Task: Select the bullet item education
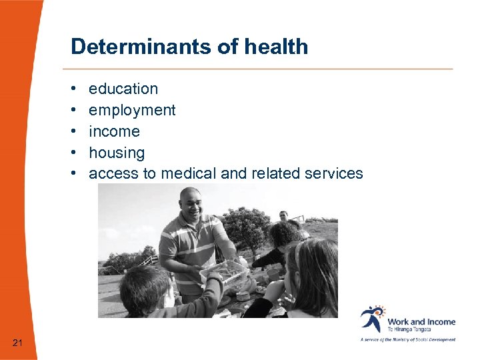[123, 89]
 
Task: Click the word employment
[132, 110]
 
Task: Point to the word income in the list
[114, 131]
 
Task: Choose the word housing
[117, 153]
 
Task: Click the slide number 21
[17, 343]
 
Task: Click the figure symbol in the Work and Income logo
[371, 319]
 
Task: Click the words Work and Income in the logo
[421, 321]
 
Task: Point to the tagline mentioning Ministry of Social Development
[408, 339]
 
